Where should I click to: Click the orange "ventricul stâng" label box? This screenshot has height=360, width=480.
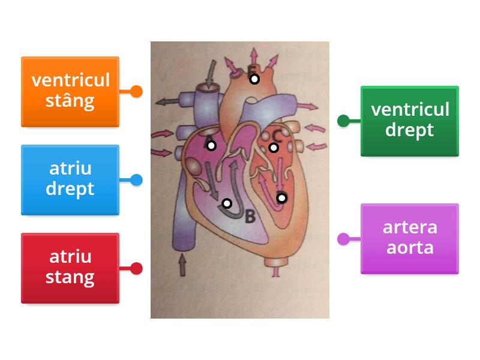pos(70,91)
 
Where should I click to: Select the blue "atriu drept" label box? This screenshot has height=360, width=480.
pos(70,179)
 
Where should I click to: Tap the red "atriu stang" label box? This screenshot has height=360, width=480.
pos(70,268)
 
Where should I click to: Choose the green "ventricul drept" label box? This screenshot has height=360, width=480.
pos(410,121)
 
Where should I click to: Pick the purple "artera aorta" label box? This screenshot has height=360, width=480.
pos(410,238)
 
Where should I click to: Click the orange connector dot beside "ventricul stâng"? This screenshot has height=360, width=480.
pos(137,92)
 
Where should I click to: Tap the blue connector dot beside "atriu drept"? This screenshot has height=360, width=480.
pos(137,179)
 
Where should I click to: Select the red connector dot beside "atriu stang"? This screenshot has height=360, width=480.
pos(137,268)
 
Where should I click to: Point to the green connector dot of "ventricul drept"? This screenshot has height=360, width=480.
pos(343,121)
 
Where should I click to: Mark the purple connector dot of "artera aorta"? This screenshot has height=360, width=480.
pos(343,239)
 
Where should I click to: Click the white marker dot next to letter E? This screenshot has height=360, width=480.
pos(254,79)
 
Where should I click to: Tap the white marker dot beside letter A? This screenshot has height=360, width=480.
pos(211,145)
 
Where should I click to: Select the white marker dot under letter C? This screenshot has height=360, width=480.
pos(274,148)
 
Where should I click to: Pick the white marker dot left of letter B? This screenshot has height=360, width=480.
pos(227,203)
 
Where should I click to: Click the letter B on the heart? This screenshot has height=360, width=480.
pos(250,217)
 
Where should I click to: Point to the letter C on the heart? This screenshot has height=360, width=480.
pos(276,136)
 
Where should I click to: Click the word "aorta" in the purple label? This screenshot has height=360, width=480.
pos(410,248)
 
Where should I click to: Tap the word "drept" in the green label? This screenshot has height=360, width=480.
pos(410,130)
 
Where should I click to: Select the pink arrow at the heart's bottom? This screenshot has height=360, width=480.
pos(275,271)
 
